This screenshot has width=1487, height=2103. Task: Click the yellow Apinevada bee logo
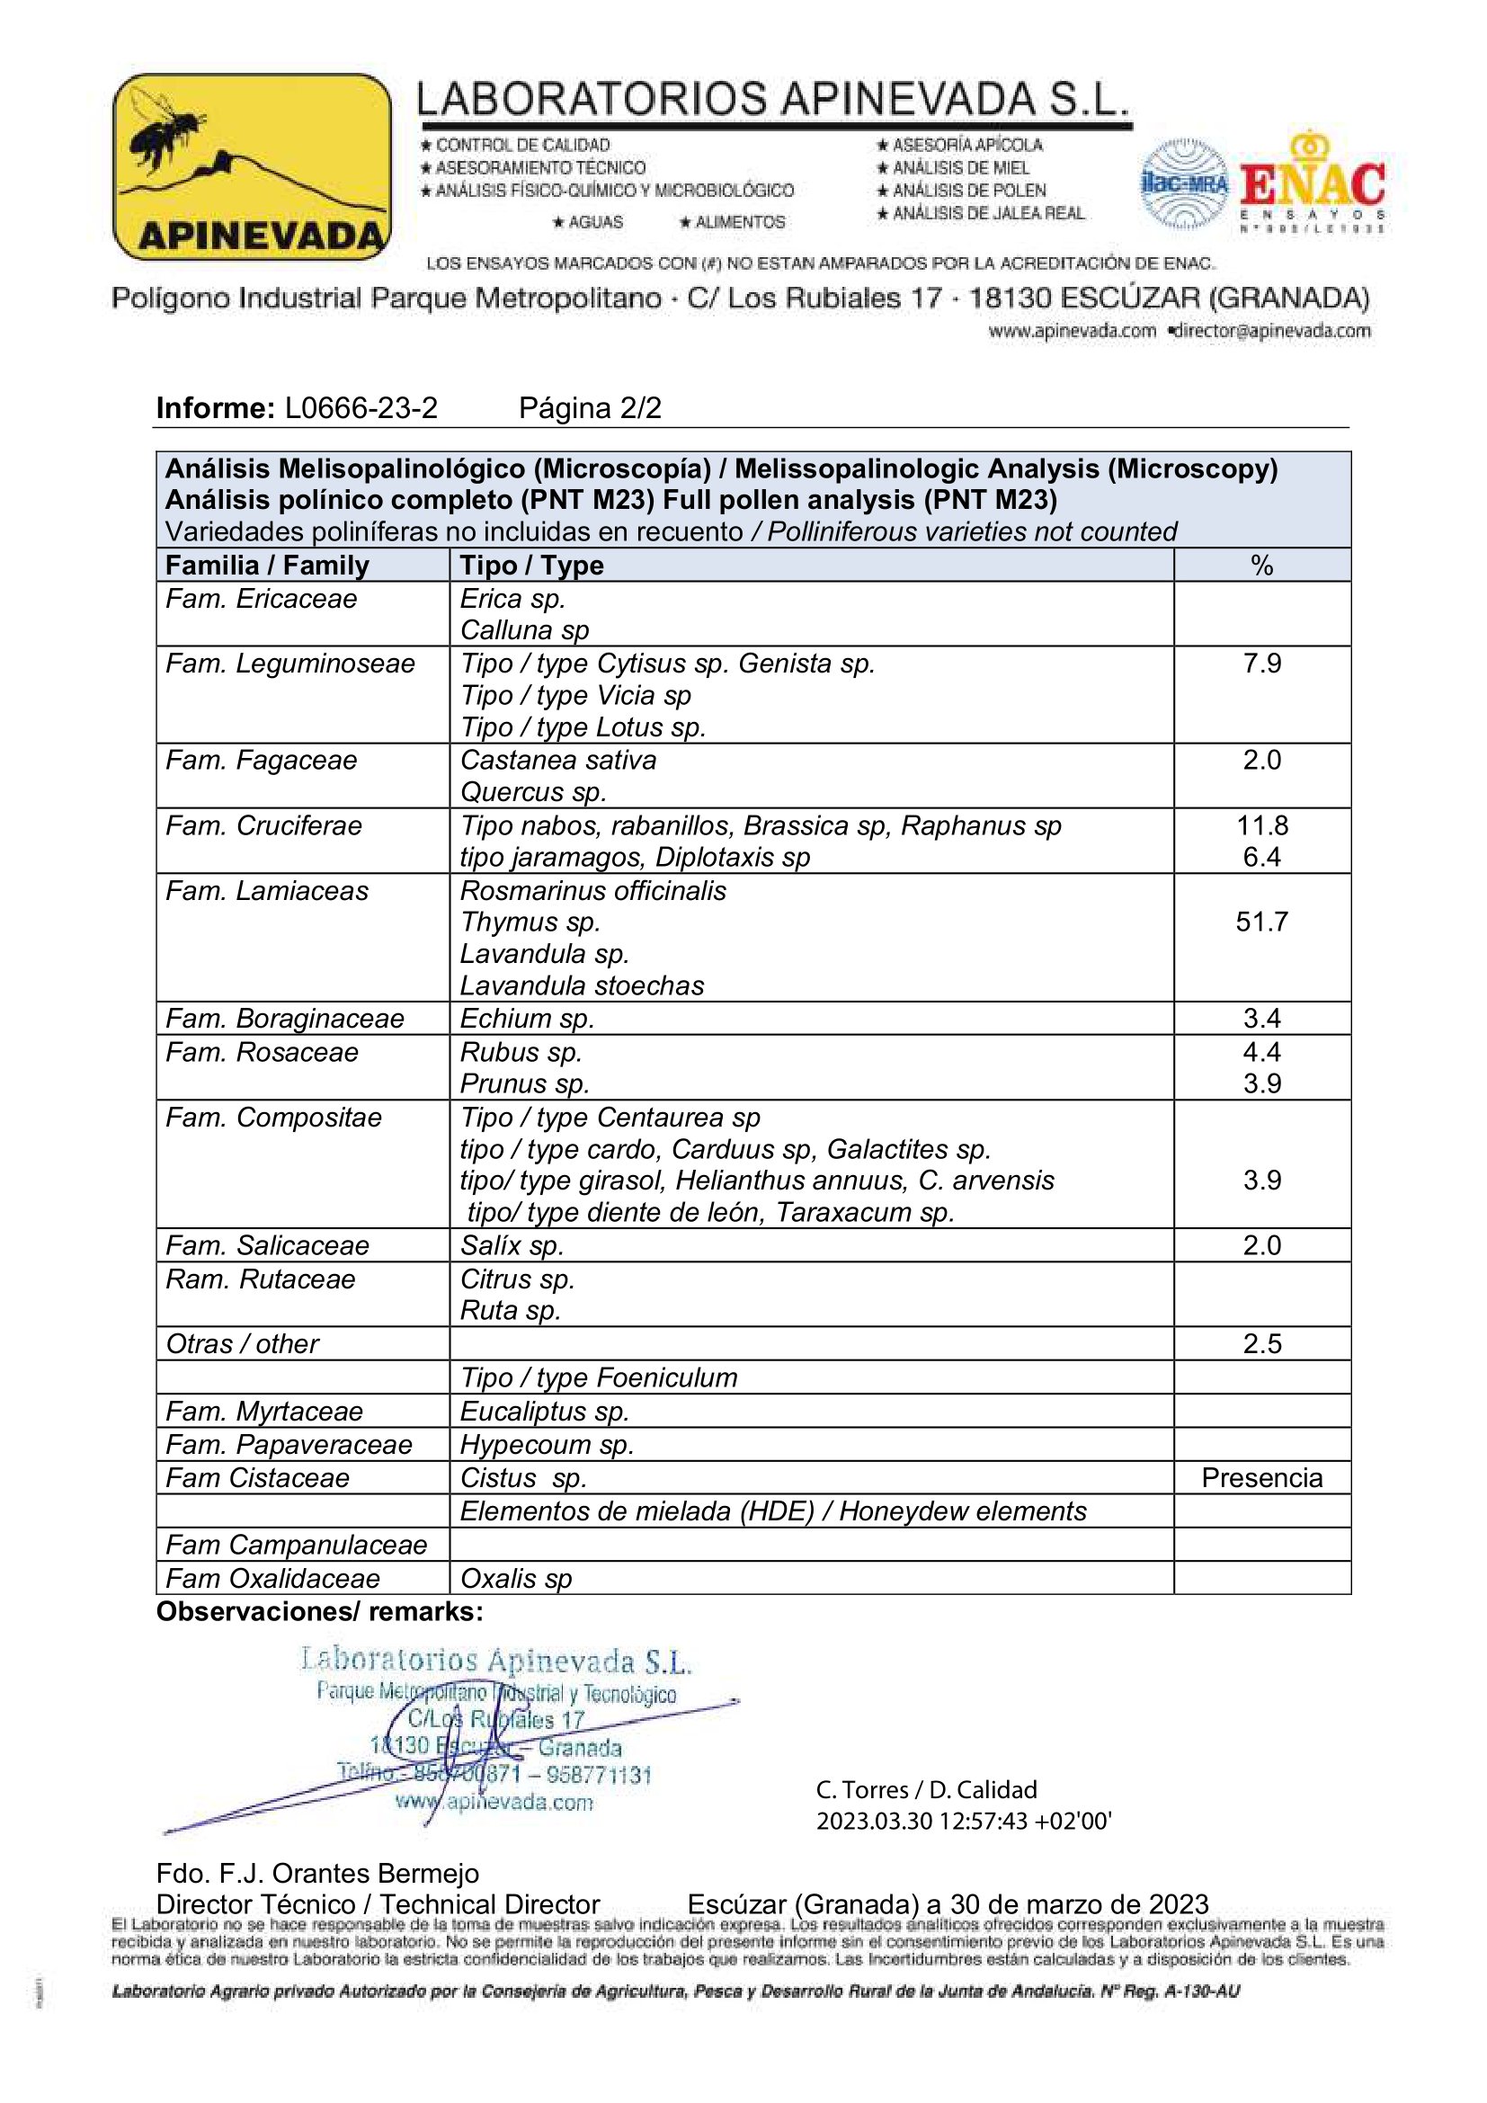(x=251, y=166)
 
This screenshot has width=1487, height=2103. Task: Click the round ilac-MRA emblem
(x=1184, y=184)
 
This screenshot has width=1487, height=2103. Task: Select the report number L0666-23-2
(x=361, y=407)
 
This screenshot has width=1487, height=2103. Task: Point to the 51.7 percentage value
(x=1260, y=922)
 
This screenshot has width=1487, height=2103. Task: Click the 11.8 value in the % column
(x=1261, y=825)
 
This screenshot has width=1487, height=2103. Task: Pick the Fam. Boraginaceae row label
(x=285, y=1019)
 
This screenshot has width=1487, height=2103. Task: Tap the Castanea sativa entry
(x=557, y=761)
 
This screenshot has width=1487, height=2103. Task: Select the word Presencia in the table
(x=1260, y=1478)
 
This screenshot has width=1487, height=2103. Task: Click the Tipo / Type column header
(x=531, y=566)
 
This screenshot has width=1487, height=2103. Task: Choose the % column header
(x=1261, y=566)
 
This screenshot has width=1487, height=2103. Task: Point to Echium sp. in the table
(x=527, y=1019)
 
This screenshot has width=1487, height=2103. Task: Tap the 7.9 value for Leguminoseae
(x=1261, y=664)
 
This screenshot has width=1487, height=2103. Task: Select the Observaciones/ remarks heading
(x=319, y=1611)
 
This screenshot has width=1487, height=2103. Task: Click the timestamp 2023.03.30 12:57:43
(x=963, y=1821)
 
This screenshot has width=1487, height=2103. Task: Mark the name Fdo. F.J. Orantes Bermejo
(x=317, y=1873)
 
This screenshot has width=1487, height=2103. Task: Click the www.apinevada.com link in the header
(x=1073, y=331)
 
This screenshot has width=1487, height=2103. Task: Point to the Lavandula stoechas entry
(x=582, y=985)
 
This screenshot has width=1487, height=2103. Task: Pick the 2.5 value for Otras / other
(x=1261, y=1343)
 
